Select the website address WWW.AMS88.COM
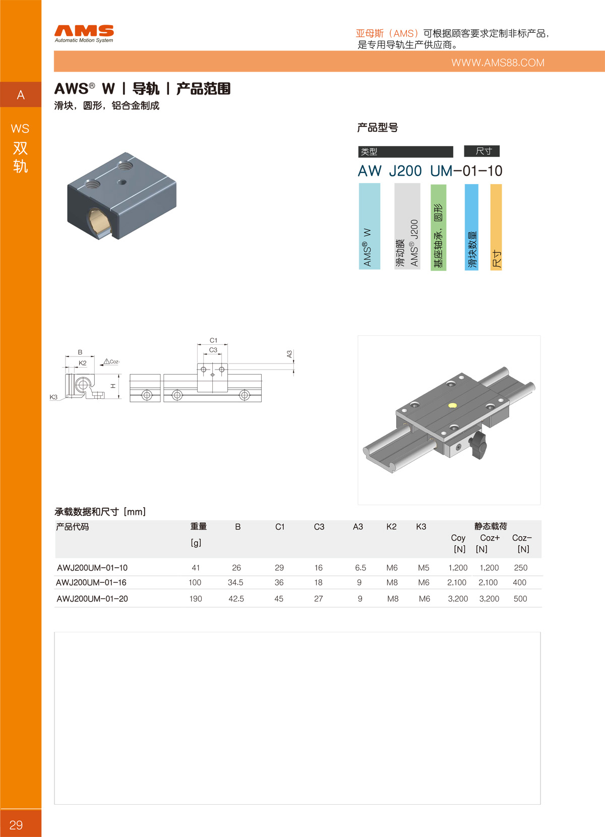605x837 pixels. click(x=498, y=63)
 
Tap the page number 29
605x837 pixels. click(x=16, y=825)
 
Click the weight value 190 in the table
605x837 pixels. click(x=196, y=599)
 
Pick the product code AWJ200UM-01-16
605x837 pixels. click(x=91, y=582)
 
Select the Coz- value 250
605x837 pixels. click(x=520, y=568)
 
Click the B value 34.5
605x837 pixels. click(x=235, y=582)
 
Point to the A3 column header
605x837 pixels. click(x=358, y=527)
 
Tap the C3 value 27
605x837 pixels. click(x=319, y=599)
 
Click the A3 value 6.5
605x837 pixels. click(x=360, y=568)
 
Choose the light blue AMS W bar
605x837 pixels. click(x=370, y=226)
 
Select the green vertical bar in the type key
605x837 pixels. click(x=438, y=227)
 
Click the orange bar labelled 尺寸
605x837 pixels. click(x=496, y=227)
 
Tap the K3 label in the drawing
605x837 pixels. click(x=53, y=397)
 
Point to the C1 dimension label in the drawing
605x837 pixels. click(x=213, y=340)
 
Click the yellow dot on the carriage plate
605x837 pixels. click(x=452, y=405)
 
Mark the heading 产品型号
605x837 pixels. click(x=378, y=128)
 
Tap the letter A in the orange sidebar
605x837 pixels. click(x=21, y=95)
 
